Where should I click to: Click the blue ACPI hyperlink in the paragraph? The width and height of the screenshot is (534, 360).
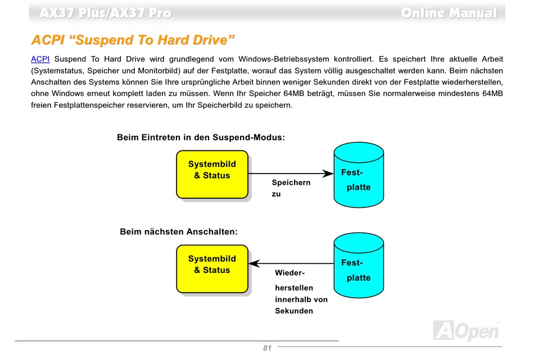point(40,59)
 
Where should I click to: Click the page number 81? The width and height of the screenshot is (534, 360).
point(268,348)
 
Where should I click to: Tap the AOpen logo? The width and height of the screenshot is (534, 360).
point(466,330)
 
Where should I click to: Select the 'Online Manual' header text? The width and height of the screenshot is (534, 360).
point(449,13)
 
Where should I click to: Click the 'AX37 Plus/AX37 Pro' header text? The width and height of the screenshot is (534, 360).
point(106,13)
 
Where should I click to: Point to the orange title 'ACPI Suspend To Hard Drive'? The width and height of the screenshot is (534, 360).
point(133,40)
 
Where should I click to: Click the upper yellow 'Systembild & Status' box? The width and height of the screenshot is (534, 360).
point(212,175)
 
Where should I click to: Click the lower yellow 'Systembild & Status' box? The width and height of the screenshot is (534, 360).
point(212,269)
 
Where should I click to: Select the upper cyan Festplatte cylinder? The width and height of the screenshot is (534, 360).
point(359,175)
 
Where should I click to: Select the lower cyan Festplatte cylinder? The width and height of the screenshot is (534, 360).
point(359,266)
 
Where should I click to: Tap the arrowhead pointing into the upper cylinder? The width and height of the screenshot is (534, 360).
point(328,174)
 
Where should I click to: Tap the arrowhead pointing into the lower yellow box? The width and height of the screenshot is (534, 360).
point(254,263)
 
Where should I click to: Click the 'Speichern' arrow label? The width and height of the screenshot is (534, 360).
point(291,183)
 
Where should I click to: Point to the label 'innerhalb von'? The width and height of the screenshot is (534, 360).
point(301,299)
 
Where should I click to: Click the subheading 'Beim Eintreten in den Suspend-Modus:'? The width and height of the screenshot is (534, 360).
point(201,138)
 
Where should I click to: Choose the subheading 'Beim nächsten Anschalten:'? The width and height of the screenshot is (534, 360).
point(179,232)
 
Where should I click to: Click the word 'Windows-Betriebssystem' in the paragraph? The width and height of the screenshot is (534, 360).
point(284,59)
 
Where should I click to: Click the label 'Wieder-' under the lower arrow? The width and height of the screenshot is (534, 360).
point(290,273)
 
